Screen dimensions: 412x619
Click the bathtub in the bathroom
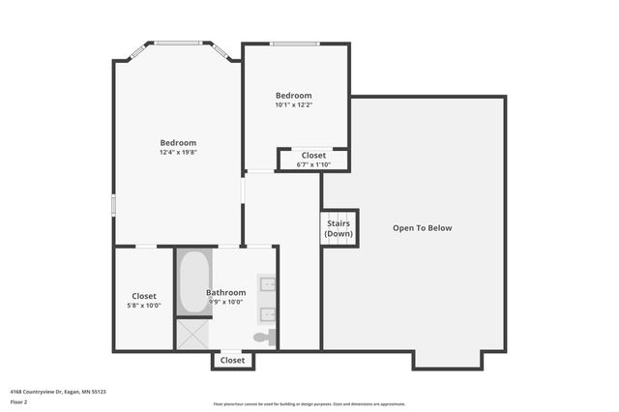(x=193, y=281)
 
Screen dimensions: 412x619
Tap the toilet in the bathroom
(x=264, y=338)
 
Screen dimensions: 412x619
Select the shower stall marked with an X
(x=192, y=334)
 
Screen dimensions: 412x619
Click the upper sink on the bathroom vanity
(x=268, y=284)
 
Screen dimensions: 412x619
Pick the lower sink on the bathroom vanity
(x=268, y=314)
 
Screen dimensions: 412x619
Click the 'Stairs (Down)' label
(x=339, y=229)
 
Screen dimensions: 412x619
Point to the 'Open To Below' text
(x=422, y=228)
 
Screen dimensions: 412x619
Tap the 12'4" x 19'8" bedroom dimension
(x=178, y=153)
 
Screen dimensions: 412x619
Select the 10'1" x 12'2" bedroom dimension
(x=293, y=105)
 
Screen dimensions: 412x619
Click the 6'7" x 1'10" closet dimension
(x=313, y=164)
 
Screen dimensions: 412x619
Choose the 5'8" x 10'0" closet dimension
(x=144, y=306)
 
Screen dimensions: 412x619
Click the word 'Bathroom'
(x=225, y=292)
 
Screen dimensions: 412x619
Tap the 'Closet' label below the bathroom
(x=232, y=360)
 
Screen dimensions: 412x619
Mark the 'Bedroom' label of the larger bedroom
(x=178, y=143)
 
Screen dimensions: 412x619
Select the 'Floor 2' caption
(x=19, y=401)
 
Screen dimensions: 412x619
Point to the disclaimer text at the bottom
(x=309, y=404)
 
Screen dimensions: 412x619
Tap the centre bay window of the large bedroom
(x=178, y=43)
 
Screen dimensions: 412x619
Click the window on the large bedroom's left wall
(x=113, y=205)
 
